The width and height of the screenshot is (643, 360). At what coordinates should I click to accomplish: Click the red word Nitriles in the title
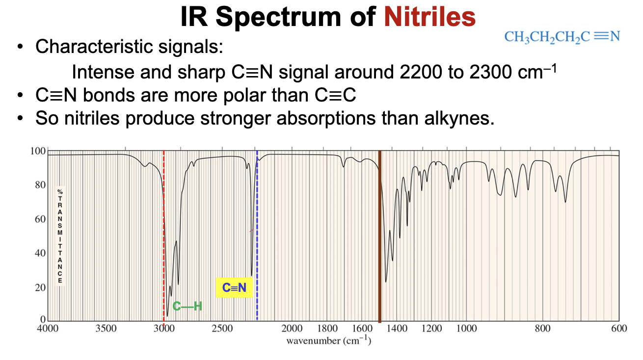[429, 17]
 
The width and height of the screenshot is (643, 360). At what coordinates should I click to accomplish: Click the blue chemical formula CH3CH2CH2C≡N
[562, 37]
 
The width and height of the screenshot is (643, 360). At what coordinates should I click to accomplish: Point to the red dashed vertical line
[163, 221]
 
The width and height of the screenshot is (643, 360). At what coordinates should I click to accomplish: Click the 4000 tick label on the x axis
[48, 329]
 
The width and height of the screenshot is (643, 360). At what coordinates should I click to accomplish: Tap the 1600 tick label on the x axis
[362, 329]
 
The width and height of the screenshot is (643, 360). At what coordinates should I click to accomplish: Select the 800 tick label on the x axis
[542, 329]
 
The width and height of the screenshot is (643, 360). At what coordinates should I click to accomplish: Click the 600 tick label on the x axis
[619, 329]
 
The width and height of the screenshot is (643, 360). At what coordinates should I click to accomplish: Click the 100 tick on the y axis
[38, 151]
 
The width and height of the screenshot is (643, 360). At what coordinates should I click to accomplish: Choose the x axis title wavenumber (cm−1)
[328, 340]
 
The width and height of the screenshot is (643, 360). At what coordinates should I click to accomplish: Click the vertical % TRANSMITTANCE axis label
[60, 235]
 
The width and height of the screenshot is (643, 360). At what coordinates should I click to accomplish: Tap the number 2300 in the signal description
[490, 72]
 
